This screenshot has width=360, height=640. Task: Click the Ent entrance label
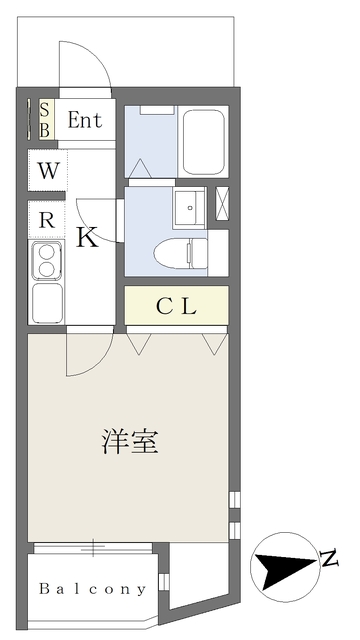84,120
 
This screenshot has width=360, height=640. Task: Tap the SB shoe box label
45,120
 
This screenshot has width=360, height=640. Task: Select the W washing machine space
48,171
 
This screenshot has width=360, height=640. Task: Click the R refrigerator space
47,220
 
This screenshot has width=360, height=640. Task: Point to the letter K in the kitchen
87,238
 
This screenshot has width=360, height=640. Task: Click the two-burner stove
47,261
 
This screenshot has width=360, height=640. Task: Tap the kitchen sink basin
47,302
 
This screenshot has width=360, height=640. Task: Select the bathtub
204,142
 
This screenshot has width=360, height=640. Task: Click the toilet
181,253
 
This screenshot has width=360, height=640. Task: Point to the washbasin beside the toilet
189,208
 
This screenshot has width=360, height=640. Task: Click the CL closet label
177,307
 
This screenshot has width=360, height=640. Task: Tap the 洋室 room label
130,442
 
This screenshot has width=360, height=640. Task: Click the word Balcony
92,589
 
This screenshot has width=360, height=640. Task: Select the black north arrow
286,567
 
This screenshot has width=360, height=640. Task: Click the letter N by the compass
329,559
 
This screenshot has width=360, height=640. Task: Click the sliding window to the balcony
93,548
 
